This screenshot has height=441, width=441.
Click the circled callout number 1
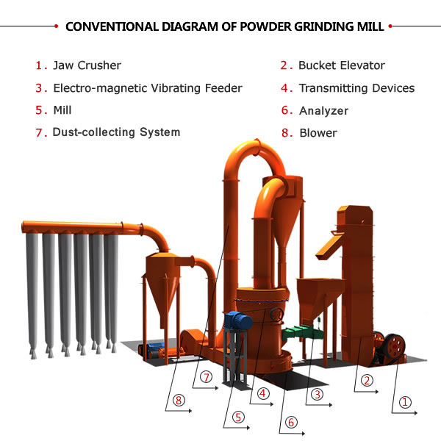click(x=405, y=402)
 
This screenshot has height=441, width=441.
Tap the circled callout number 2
click(x=366, y=381)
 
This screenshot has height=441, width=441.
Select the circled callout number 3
click(x=317, y=395)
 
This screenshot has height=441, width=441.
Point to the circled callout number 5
click(x=238, y=416)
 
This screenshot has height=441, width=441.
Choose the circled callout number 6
click(x=291, y=422)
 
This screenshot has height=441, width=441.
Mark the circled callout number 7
click(x=207, y=378)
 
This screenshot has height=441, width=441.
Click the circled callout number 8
click(x=179, y=401)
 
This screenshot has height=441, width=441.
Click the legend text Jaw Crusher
click(x=87, y=66)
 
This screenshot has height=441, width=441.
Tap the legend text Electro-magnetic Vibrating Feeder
click(x=148, y=88)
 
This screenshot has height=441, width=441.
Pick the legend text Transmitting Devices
click(x=356, y=88)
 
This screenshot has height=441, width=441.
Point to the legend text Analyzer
click(x=323, y=111)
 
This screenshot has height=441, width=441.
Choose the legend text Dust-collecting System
click(x=116, y=132)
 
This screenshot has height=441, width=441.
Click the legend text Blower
click(x=318, y=133)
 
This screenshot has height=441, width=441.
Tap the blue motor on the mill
click(x=238, y=320)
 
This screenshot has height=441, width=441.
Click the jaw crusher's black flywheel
click(x=391, y=345)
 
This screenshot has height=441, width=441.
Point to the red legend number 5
click(x=40, y=111)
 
